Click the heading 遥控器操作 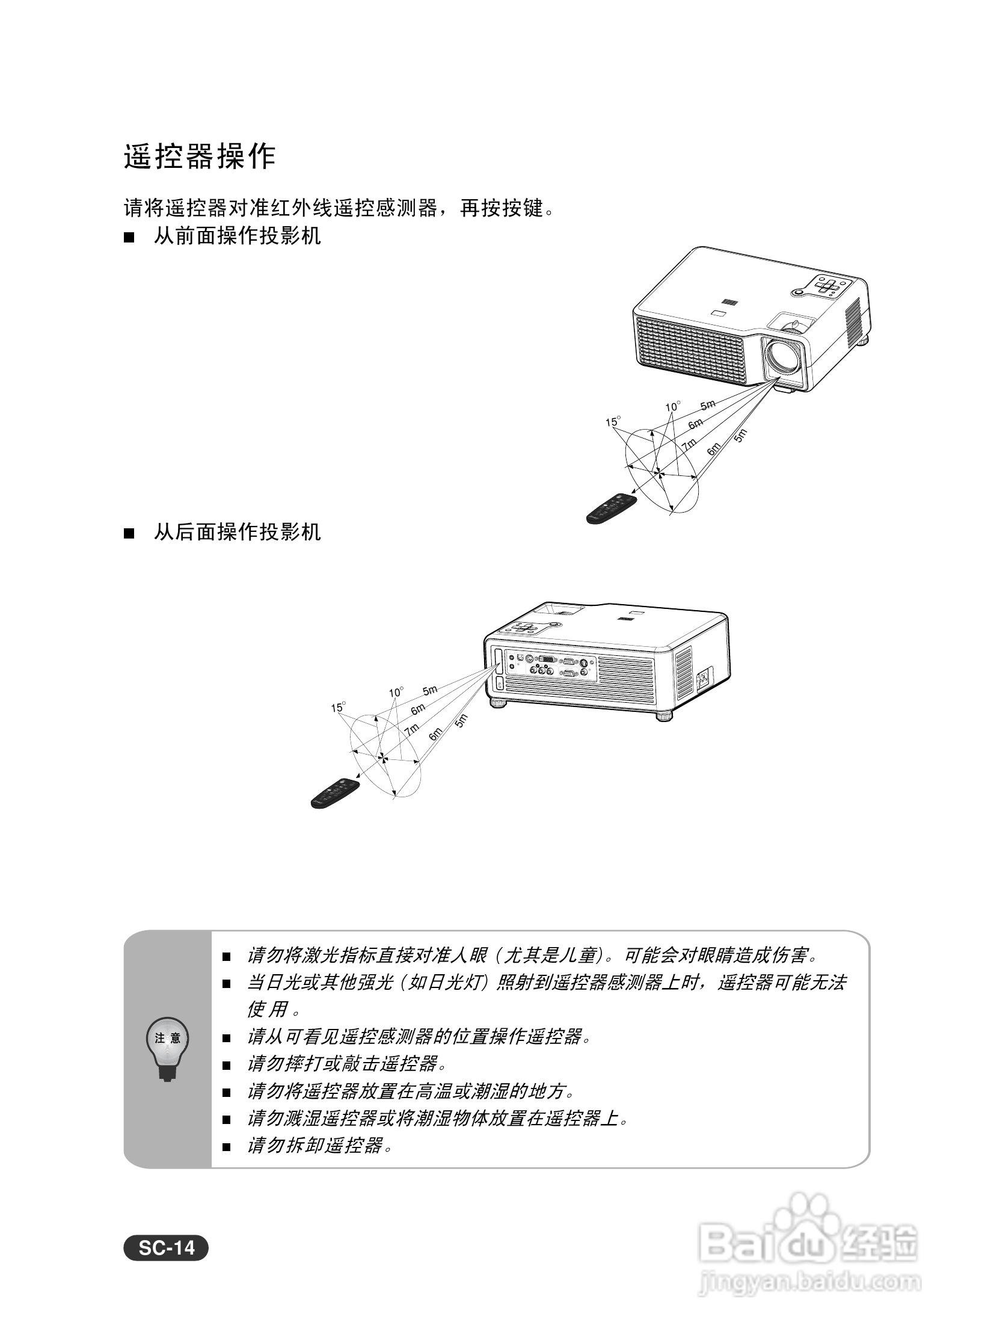(x=200, y=157)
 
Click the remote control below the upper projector (x=612, y=508)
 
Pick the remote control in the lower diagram (x=336, y=793)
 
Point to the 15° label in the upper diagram (x=612, y=422)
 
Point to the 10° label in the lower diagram (x=396, y=693)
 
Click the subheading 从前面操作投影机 (x=237, y=236)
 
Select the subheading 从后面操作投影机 (x=237, y=532)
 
